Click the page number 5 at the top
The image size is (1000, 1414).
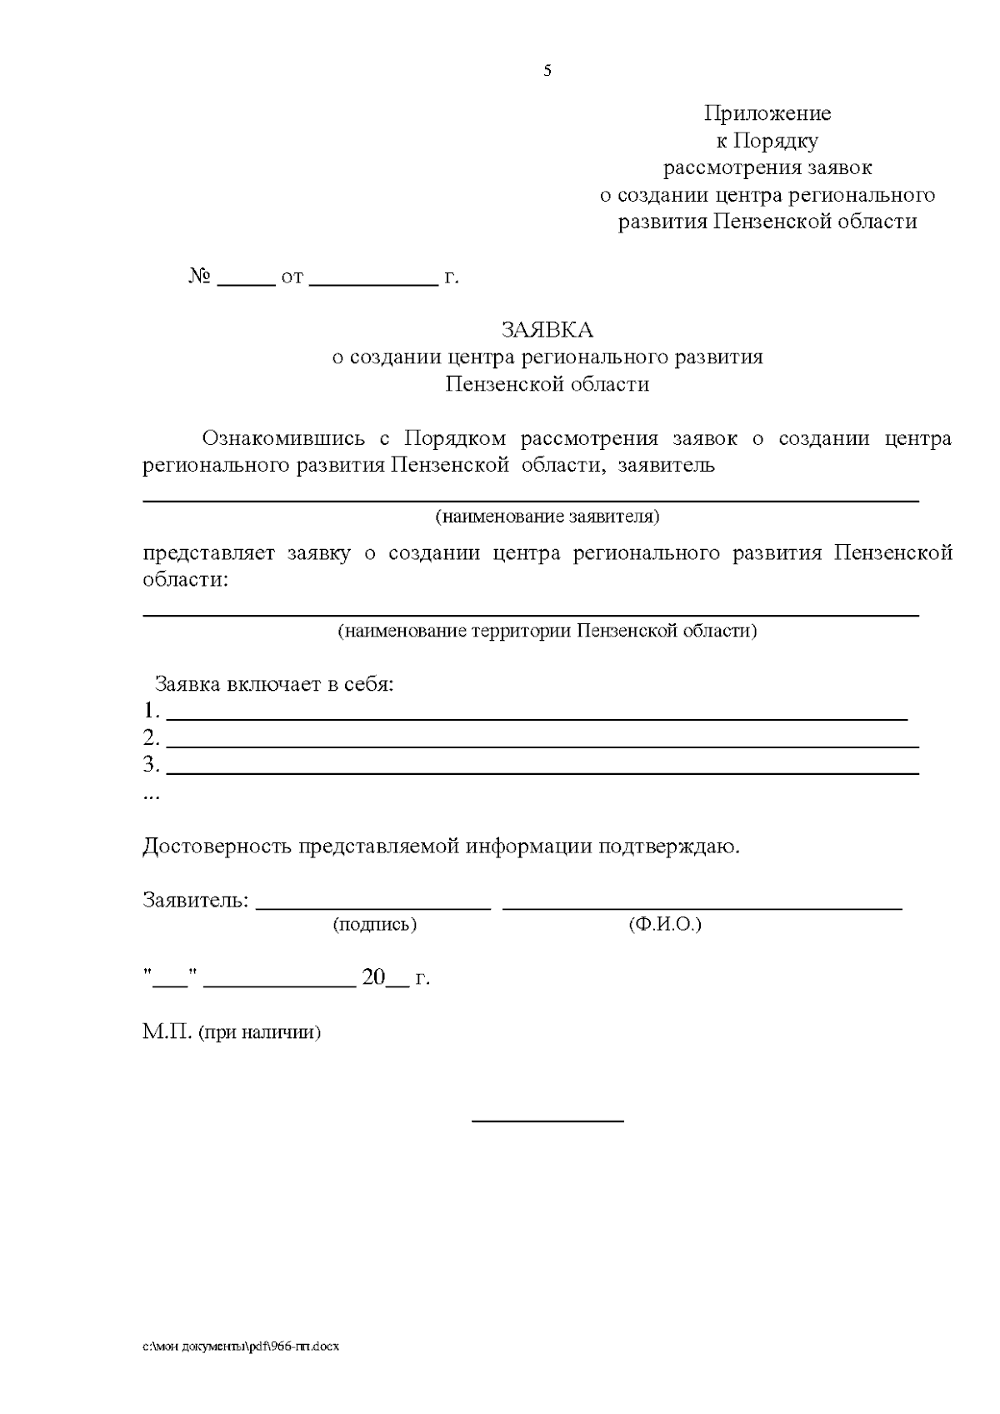[547, 72]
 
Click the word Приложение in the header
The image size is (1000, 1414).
[767, 113]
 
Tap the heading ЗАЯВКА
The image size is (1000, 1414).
[547, 330]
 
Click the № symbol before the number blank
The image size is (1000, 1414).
[199, 276]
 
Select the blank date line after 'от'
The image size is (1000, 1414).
[373, 283]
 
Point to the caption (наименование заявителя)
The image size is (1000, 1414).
[547, 517]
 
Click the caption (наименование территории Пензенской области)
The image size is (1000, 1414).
[547, 631]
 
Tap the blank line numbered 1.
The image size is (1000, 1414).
[537, 717]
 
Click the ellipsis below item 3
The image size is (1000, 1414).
[151, 796]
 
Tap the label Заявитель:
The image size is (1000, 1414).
[196, 901]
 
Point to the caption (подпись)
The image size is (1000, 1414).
[375, 925]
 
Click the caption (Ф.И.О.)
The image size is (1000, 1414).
[664, 925]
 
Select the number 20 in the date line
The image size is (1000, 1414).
[372, 978]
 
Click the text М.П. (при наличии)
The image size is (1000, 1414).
[232, 1032]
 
